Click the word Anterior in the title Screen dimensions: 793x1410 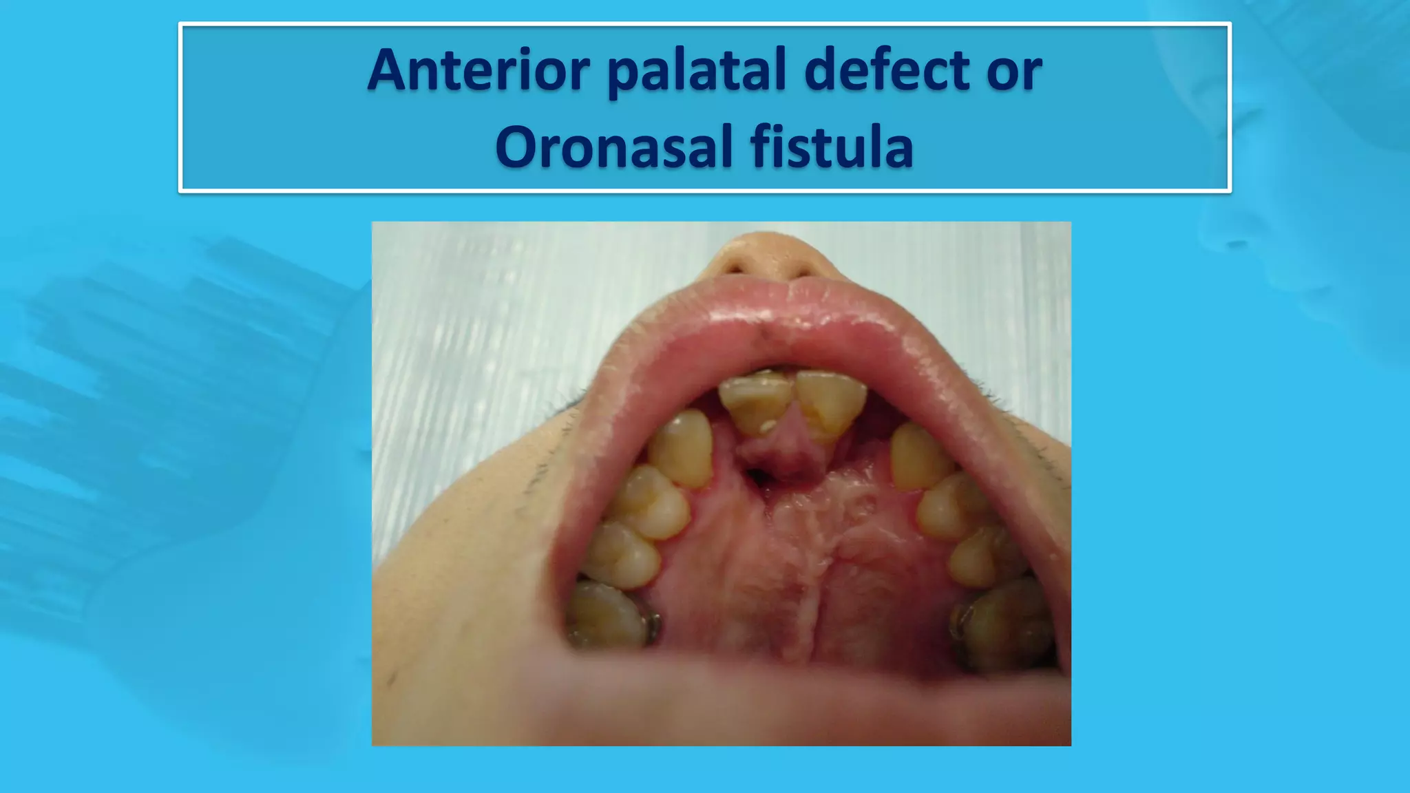point(478,70)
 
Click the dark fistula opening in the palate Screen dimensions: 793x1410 point(756,475)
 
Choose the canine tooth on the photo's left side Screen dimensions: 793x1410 point(681,448)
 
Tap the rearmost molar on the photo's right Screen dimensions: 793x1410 point(1002,623)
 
